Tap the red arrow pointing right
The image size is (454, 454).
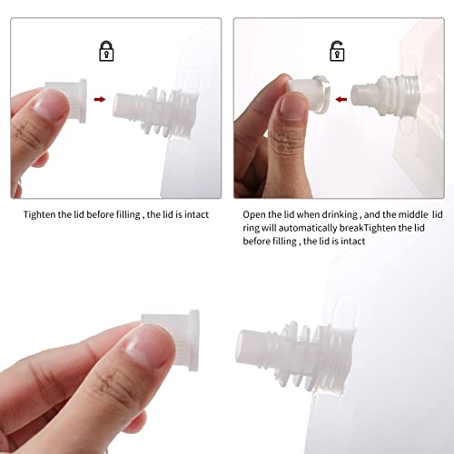pyautogui.click(x=100, y=102)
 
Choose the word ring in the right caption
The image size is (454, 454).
pyautogui.click(x=254, y=229)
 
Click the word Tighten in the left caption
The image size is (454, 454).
pyautogui.click(x=41, y=216)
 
